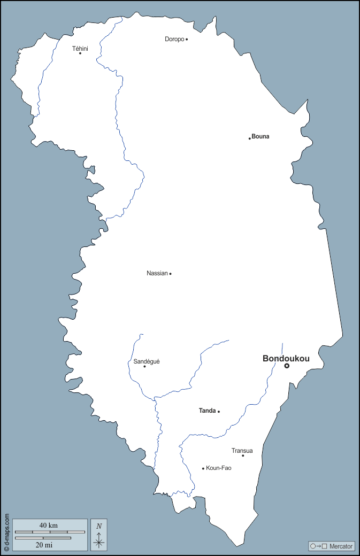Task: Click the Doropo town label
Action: tap(174, 39)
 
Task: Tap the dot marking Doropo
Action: tap(187, 39)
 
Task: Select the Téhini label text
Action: tap(80, 49)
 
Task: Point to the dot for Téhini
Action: tap(80, 53)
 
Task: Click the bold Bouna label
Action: tap(261, 136)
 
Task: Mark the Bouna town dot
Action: tap(250, 138)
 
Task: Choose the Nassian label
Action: tap(157, 273)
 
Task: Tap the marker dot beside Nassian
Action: tap(170, 274)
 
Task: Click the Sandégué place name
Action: tap(147, 361)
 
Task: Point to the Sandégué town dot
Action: tap(144, 366)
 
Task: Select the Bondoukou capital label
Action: tap(286, 359)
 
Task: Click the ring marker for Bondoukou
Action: tap(287, 366)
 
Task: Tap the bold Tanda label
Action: tap(207, 411)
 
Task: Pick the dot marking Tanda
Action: tap(219, 412)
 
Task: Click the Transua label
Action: tap(242, 451)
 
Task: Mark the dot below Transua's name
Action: tap(243, 455)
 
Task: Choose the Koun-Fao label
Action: tap(219, 468)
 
